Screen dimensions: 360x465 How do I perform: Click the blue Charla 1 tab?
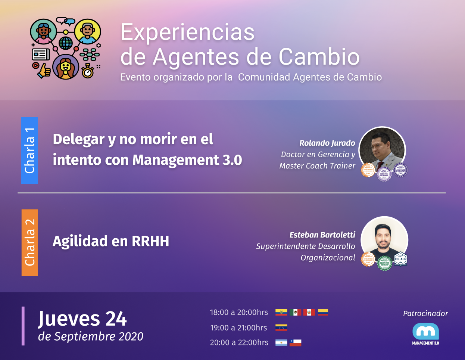pos(29,150)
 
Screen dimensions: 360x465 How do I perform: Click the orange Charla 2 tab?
pos(30,243)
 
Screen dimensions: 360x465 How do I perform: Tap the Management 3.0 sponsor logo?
pos(425,334)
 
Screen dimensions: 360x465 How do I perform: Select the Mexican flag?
pos(295,312)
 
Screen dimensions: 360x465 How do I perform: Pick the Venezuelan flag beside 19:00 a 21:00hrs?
pos(281,328)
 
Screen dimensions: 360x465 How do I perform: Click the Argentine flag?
pos(281,342)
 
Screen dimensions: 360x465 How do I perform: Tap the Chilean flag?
pos(295,342)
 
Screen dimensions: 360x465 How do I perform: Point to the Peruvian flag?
pos(309,312)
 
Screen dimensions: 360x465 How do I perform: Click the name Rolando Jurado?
pos(327,143)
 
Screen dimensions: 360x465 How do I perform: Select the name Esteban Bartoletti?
pos(322,235)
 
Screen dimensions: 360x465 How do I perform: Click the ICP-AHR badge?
pos(400,259)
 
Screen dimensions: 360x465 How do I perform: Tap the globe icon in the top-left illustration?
pos(66,43)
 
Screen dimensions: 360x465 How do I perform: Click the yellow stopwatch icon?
pos(88,71)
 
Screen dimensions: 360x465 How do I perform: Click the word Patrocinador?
pos(425,314)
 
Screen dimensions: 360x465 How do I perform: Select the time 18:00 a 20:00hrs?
pos(239,312)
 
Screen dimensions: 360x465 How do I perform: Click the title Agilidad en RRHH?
pos(111,241)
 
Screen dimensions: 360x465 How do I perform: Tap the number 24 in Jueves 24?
pos(116,319)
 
